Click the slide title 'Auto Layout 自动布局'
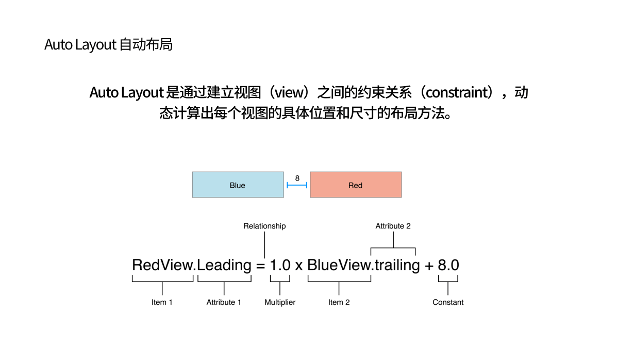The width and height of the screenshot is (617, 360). click(108, 45)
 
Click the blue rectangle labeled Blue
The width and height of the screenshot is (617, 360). click(238, 185)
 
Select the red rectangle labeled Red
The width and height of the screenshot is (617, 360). click(355, 185)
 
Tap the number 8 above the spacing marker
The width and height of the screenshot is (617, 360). click(297, 178)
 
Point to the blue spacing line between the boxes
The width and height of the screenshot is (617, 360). click(297, 185)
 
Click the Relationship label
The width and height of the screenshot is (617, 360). click(264, 226)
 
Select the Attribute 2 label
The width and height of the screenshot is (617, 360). click(393, 226)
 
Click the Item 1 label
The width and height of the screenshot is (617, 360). click(162, 302)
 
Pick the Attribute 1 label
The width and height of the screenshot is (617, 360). click(224, 302)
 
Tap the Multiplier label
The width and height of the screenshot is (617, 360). click(280, 302)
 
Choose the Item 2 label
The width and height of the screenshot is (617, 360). click(339, 302)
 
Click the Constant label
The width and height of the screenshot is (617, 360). click(448, 302)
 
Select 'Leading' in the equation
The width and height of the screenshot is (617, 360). click(224, 265)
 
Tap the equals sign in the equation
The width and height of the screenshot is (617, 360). click(260, 266)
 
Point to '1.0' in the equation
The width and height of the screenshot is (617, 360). click(280, 265)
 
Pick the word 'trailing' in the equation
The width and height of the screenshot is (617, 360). click(397, 265)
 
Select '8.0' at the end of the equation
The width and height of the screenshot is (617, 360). click(448, 265)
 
